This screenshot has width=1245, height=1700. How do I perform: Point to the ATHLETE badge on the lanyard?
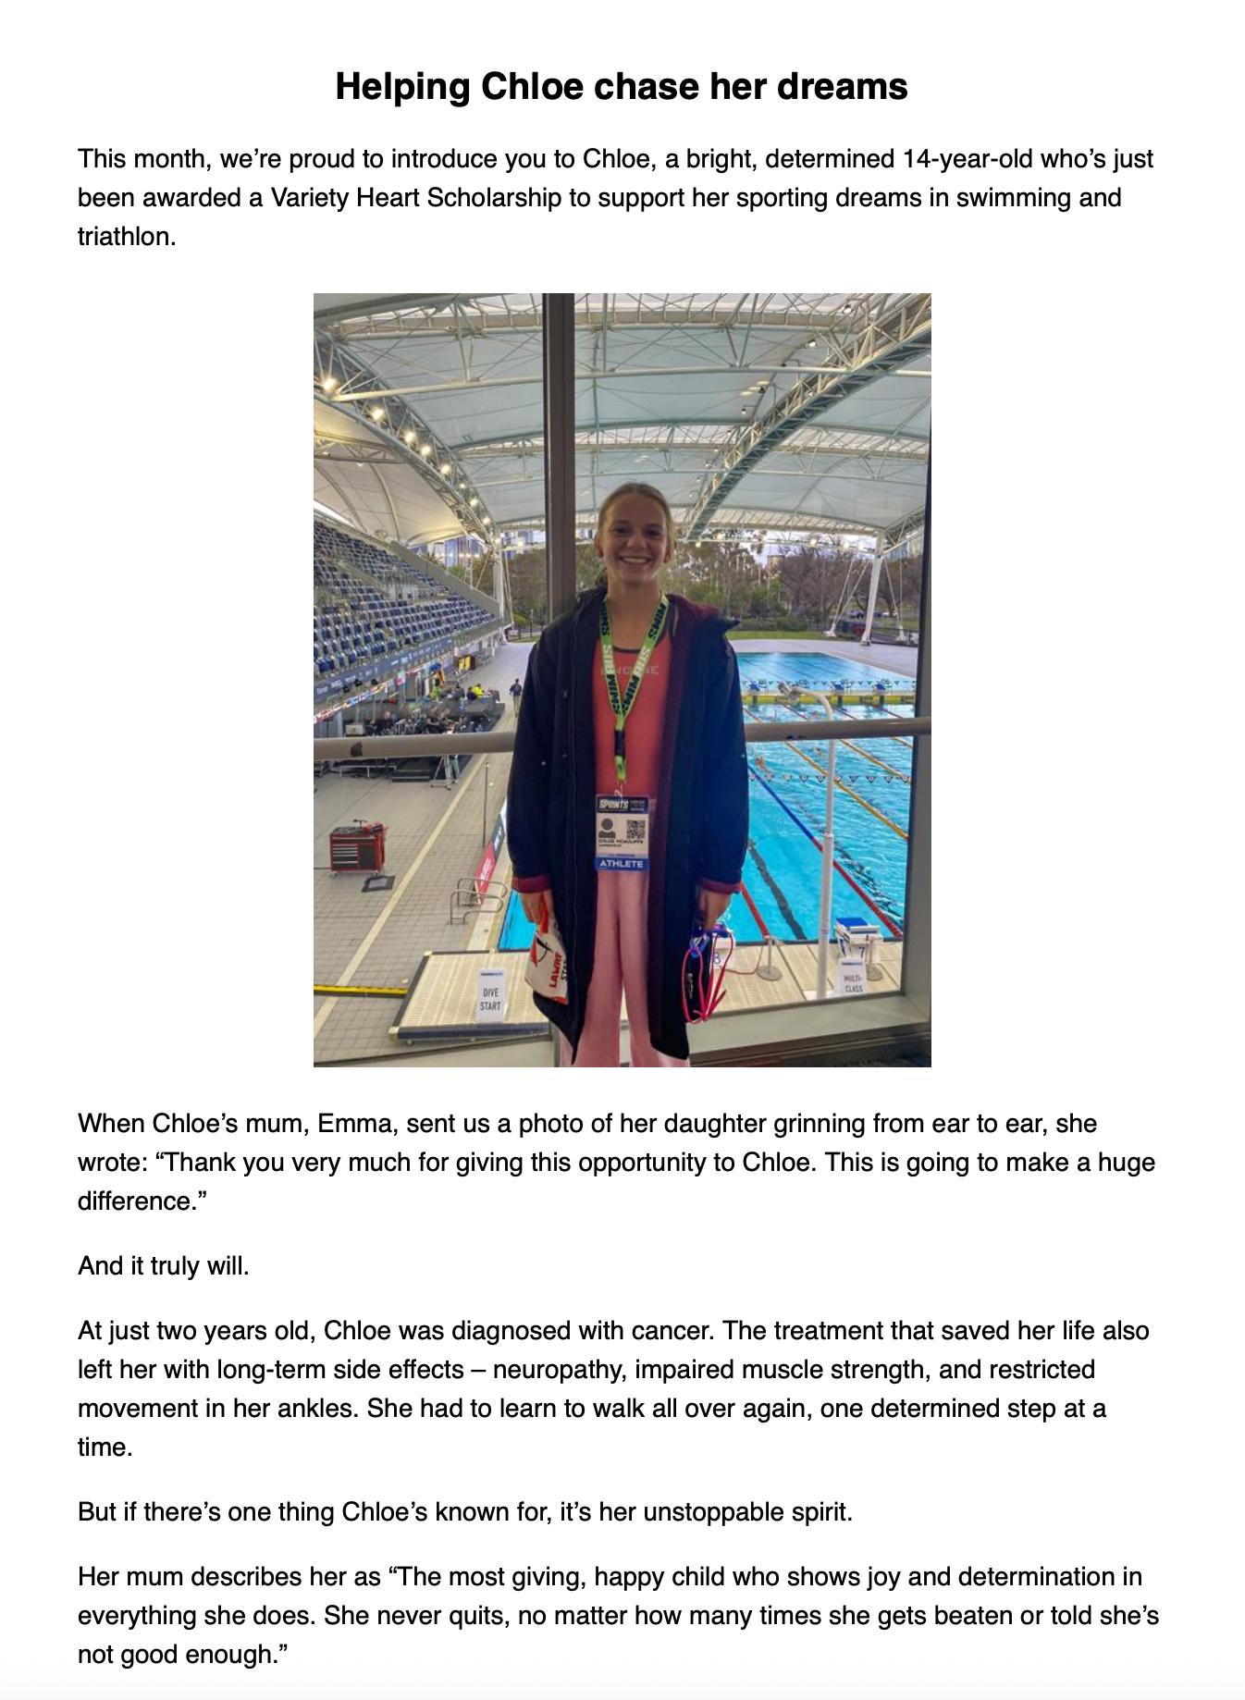pos(621,863)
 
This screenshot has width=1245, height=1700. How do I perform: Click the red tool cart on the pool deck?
pos(357,846)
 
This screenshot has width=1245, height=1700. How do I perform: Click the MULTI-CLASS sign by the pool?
pos(853,983)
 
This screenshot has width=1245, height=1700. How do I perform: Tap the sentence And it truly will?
pos(164,1266)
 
